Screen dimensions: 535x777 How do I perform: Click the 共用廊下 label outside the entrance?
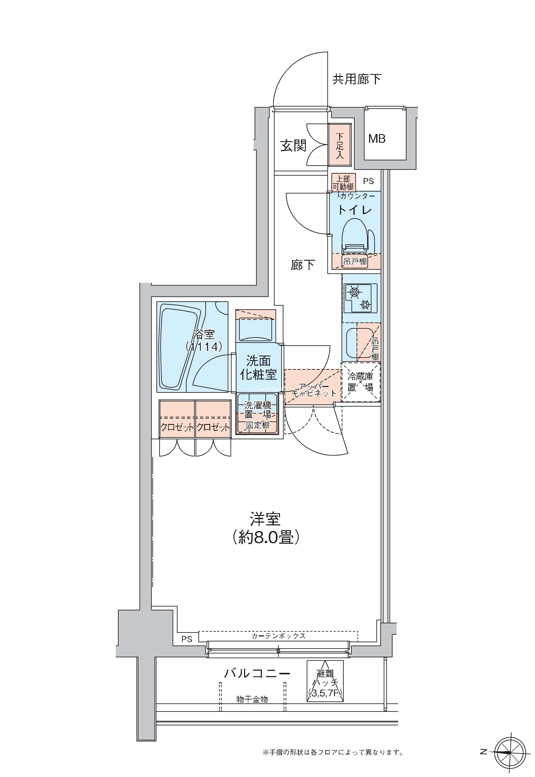pyautogui.click(x=356, y=79)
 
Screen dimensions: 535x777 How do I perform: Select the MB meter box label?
pyautogui.click(x=377, y=138)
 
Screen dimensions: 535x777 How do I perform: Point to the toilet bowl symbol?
pyautogui.click(x=357, y=236)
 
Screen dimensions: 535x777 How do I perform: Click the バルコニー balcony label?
pyautogui.click(x=257, y=673)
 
